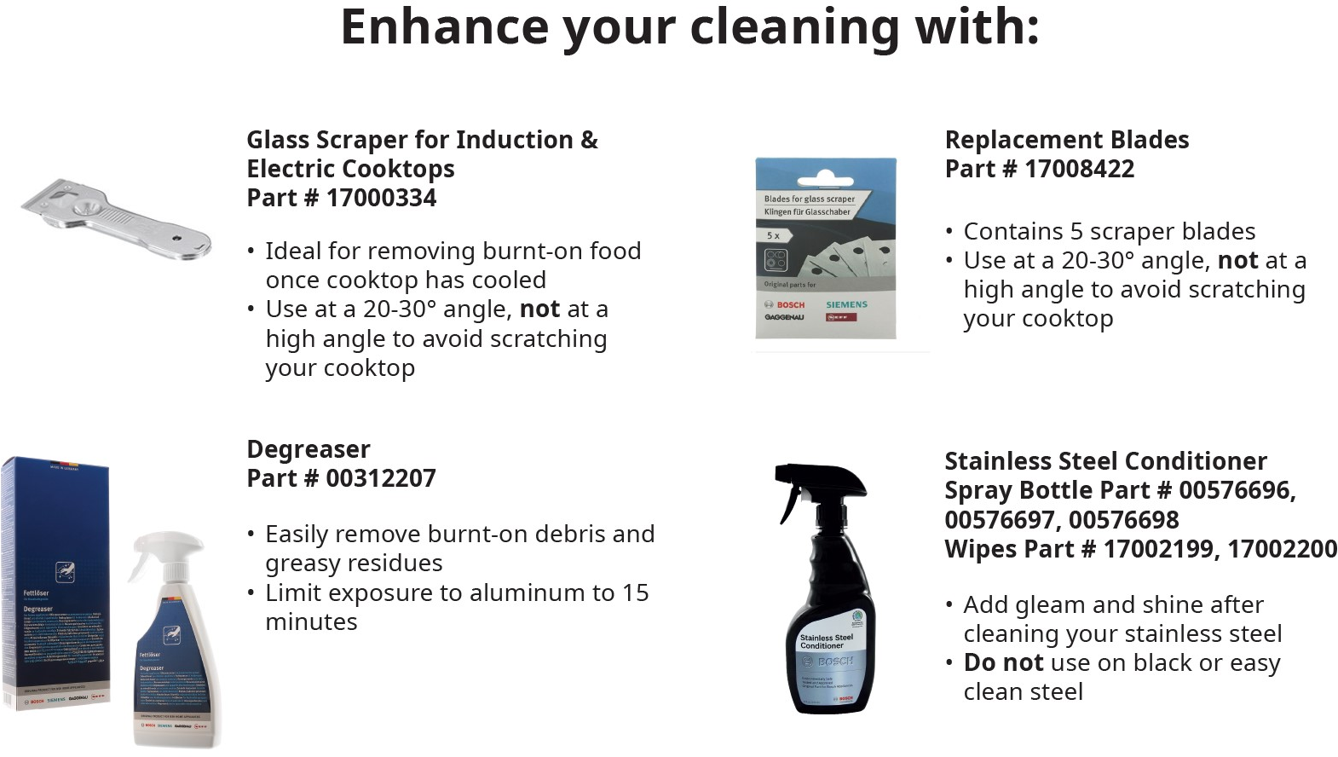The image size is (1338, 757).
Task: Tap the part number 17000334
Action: (381, 198)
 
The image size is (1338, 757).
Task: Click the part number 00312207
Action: (381, 478)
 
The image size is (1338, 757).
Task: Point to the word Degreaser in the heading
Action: (308, 449)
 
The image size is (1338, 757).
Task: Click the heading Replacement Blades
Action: (1066, 140)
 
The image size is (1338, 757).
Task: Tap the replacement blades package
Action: (825, 247)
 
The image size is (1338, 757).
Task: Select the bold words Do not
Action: (1003, 663)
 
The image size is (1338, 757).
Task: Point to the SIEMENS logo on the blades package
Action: (846, 304)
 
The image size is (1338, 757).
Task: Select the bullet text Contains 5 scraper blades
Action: (1109, 232)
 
